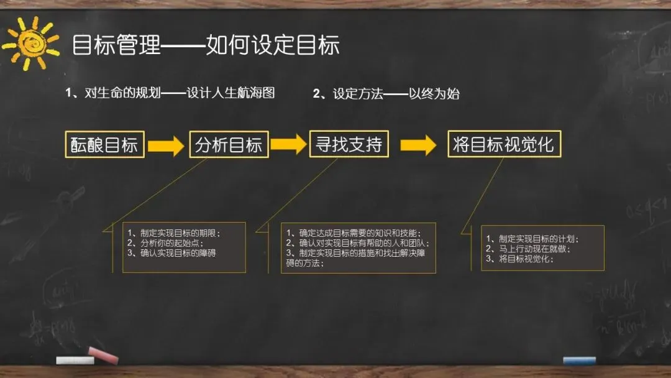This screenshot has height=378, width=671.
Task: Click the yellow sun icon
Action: coord(30,42)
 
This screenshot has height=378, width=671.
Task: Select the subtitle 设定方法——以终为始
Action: coord(386,94)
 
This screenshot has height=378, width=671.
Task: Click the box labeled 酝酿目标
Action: coord(104,144)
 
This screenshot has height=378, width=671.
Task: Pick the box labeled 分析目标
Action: coord(229,144)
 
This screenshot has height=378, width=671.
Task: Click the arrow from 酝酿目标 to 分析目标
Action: coord(167,145)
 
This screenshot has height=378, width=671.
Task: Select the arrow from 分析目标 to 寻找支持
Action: coord(289,144)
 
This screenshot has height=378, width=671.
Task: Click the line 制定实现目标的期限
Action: coord(174,233)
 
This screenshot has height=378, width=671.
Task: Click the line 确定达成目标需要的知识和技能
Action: coord(354,233)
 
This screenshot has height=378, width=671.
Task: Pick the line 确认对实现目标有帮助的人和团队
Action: coord(358,243)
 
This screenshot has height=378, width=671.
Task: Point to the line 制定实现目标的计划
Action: coord(535,239)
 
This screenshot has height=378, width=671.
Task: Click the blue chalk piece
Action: coord(579,360)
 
